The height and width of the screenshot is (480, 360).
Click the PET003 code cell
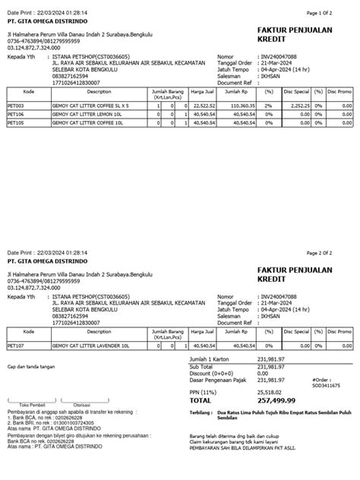(x=16, y=106)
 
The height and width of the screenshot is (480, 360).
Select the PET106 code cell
(x=16, y=114)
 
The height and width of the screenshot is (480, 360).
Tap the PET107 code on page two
(x=16, y=346)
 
